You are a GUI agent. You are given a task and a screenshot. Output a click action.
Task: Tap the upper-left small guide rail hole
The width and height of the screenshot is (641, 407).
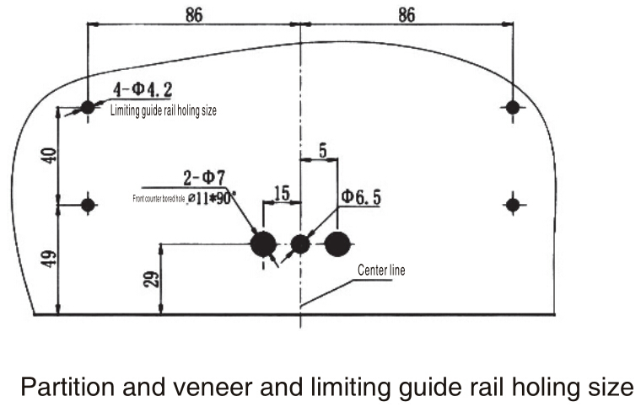[x=88, y=108]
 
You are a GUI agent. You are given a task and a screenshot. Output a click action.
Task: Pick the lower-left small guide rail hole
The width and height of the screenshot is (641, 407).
[x=88, y=203]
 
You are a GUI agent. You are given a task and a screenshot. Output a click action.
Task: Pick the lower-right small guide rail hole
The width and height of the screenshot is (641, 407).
[x=513, y=203]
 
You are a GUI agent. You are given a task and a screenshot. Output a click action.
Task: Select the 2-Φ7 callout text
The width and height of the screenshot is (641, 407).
[x=203, y=179]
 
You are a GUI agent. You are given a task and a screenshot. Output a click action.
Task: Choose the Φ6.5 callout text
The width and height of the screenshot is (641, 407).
[x=361, y=198]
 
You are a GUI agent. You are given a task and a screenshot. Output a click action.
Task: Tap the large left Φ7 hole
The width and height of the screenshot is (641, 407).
[x=264, y=244]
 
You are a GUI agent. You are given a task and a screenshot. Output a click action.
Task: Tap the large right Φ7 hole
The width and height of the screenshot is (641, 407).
[x=337, y=244]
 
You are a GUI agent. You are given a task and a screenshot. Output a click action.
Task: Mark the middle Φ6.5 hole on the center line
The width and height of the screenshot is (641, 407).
[x=301, y=244]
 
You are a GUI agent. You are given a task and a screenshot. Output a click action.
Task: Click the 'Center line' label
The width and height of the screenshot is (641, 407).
[x=381, y=270]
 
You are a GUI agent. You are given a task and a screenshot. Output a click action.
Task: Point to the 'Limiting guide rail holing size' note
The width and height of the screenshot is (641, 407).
[x=164, y=111]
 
